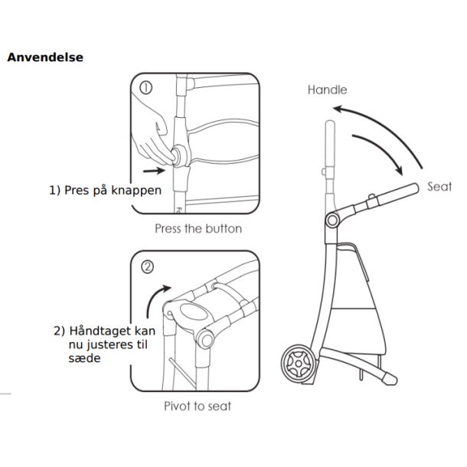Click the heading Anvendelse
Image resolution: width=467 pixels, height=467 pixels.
[45, 57]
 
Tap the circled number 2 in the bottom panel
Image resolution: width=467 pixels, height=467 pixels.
[148, 267]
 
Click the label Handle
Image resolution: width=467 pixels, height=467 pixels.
[327, 90]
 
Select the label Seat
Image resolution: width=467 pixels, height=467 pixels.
[439, 187]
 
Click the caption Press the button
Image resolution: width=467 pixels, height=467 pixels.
[198, 228]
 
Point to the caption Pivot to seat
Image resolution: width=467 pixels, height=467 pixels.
[198, 406]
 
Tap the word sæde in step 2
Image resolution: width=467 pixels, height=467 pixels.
[84, 358]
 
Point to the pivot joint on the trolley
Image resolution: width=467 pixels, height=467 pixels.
[332, 220]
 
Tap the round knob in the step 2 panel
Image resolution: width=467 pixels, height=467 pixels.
[207, 339]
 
